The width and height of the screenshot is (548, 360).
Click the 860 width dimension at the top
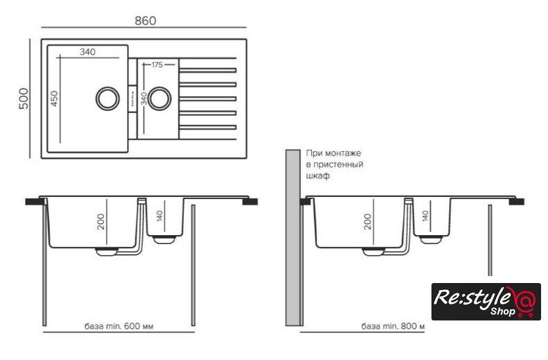(x=144, y=21)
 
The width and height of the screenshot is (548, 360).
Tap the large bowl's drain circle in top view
(x=107, y=98)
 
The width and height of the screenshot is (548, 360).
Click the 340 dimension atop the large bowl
(x=87, y=52)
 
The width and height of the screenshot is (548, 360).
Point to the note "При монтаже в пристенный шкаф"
(x=334, y=164)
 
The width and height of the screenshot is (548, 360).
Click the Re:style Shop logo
(x=486, y=301)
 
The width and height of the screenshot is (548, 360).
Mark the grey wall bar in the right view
(x=292, y=236)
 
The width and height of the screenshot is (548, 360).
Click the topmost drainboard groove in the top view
(x=208, y=71)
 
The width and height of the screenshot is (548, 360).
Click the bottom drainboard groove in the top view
(x=208, y=126)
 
